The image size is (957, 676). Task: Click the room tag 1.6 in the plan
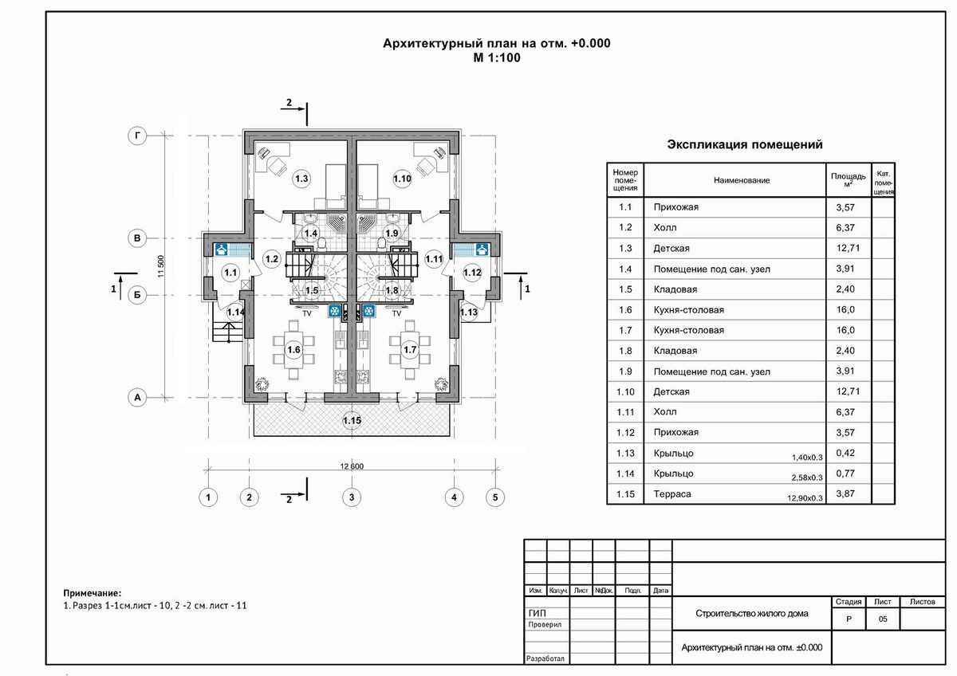pyautogui.click(x=294, y=350)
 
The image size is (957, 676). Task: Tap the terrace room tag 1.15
pyautogui.click(x=352, y=421)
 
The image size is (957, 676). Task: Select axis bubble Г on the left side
pyautogui.click(x=137, y=136)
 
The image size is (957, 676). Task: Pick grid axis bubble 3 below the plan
pyautogui.click(x=352, y=497)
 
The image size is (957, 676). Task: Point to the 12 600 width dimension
pyautogui.click(x=352, y=466)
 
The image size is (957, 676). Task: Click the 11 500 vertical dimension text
pyautogui.click(x=161, y=266)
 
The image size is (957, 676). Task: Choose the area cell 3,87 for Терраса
pyautogui.click(x=845, y=493)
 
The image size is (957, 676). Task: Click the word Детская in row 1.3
pyautogui.click(x=671, y=249)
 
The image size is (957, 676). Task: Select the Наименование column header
pyautogui.click(x=742, y=180)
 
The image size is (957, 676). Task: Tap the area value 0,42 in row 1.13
pyautogui.click(x=845, y=453)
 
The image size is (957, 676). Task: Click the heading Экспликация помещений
pyautogui.click(x=745, y=144)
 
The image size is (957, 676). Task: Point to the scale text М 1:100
pyautogui.click(x=497, y=57)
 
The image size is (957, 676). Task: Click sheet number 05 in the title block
pyautogui.click(x=883, y=619)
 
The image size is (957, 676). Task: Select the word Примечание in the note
pyautogui.click(x=92, y=593)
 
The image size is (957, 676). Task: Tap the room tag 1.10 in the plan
pyautogui.click(x=402, y=179)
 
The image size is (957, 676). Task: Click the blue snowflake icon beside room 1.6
pyautogui.click(x=334, y=311)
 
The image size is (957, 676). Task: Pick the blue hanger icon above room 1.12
pyautogui.click(x=482, y=250)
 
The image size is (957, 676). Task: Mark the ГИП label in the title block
pyautogui.click(x=537, y=613)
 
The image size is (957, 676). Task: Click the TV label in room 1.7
pyautogui.click(x=396, y=313)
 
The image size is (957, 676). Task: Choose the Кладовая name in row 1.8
pyautogui.click(x=675, y=351)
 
